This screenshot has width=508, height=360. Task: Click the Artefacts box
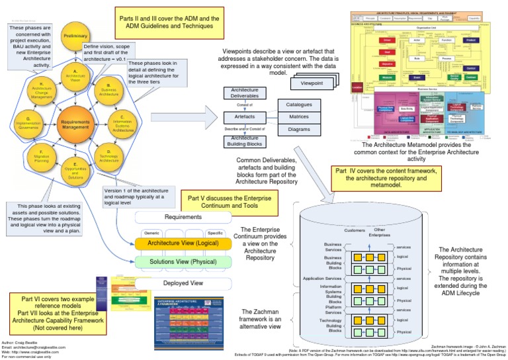[246, 116]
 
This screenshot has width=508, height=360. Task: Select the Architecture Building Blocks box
[246, 142]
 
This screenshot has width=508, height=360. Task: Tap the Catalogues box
[299, 105]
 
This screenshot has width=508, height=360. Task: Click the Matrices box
[299, 117]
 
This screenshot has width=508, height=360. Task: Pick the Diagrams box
[299, 130]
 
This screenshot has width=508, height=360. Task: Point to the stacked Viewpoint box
[313, 84]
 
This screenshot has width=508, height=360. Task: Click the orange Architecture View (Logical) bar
[183, 244]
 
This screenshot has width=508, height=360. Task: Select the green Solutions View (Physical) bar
[183, 262]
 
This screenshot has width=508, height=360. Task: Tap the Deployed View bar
[183, 282]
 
